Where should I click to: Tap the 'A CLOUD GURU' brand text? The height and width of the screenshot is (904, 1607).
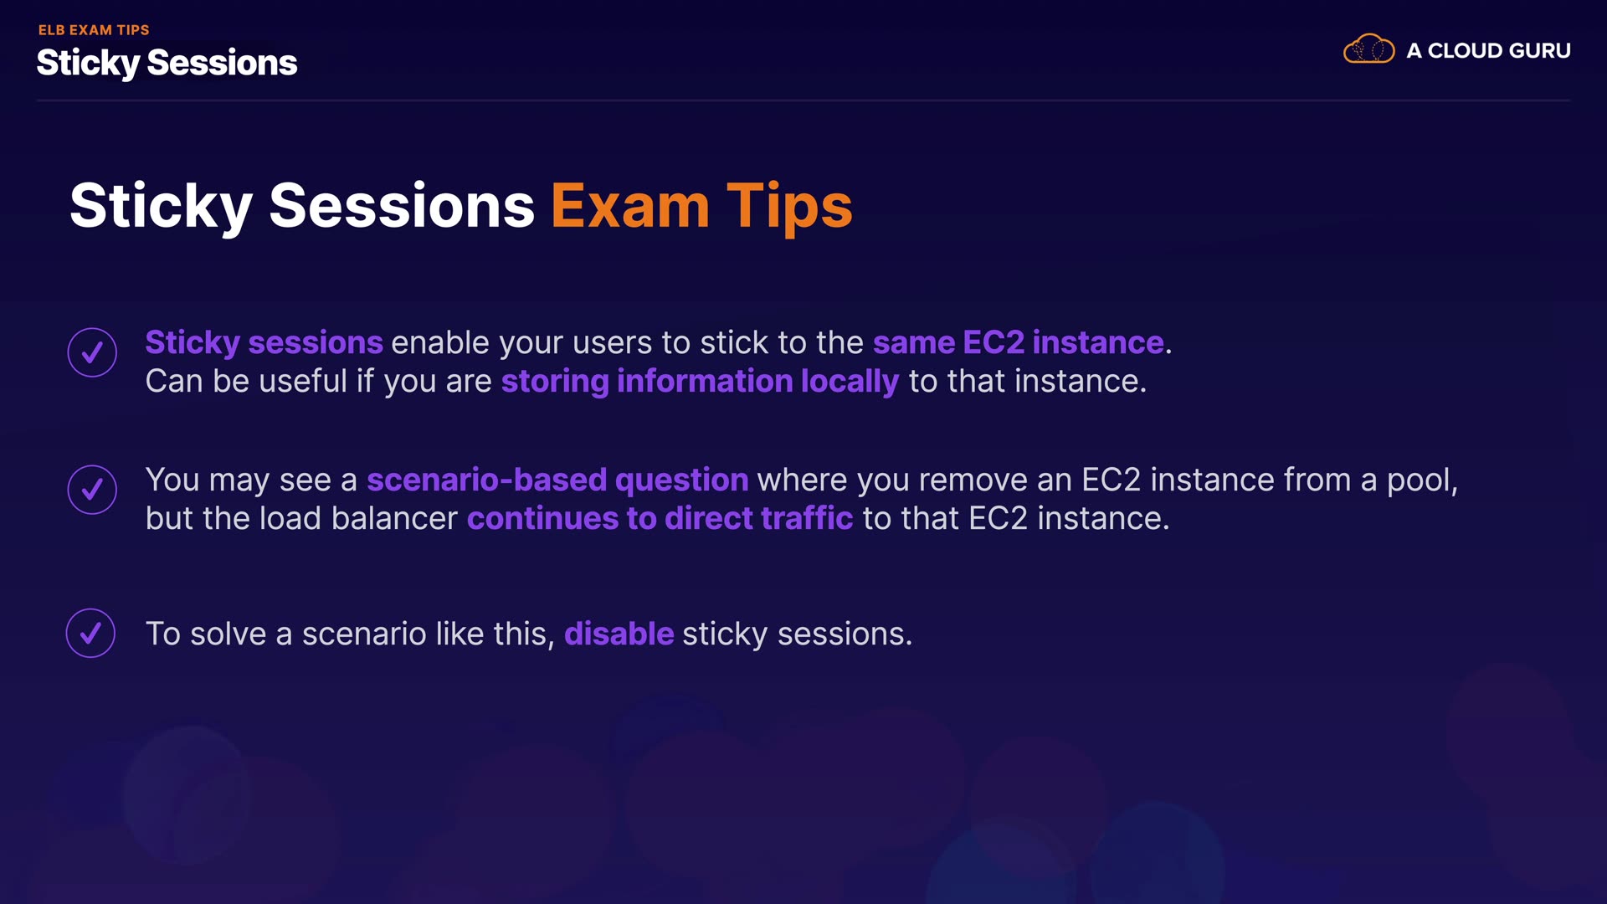1488,50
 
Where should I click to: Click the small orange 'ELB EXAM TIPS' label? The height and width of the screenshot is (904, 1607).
94,29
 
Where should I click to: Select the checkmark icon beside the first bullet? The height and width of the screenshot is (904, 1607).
92,352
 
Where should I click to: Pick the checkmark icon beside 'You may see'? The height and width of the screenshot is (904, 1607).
92,490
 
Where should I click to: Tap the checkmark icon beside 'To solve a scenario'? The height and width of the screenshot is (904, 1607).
90,633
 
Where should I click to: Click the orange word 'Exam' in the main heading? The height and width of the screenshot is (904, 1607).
630,206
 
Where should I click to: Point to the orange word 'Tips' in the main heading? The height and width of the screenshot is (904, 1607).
789,208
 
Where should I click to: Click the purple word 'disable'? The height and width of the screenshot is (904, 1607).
619,634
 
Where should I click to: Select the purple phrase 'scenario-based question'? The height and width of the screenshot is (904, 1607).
557,480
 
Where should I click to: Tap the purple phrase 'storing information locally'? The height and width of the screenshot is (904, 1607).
700,382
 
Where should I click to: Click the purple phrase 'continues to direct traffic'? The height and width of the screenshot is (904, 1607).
660,518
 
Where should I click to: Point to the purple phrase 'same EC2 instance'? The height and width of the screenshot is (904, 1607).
1018,342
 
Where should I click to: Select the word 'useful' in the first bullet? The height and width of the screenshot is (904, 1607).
305,381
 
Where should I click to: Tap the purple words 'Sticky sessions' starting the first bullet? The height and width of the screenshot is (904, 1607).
264,343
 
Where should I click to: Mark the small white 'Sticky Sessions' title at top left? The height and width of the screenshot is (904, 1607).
167,63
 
